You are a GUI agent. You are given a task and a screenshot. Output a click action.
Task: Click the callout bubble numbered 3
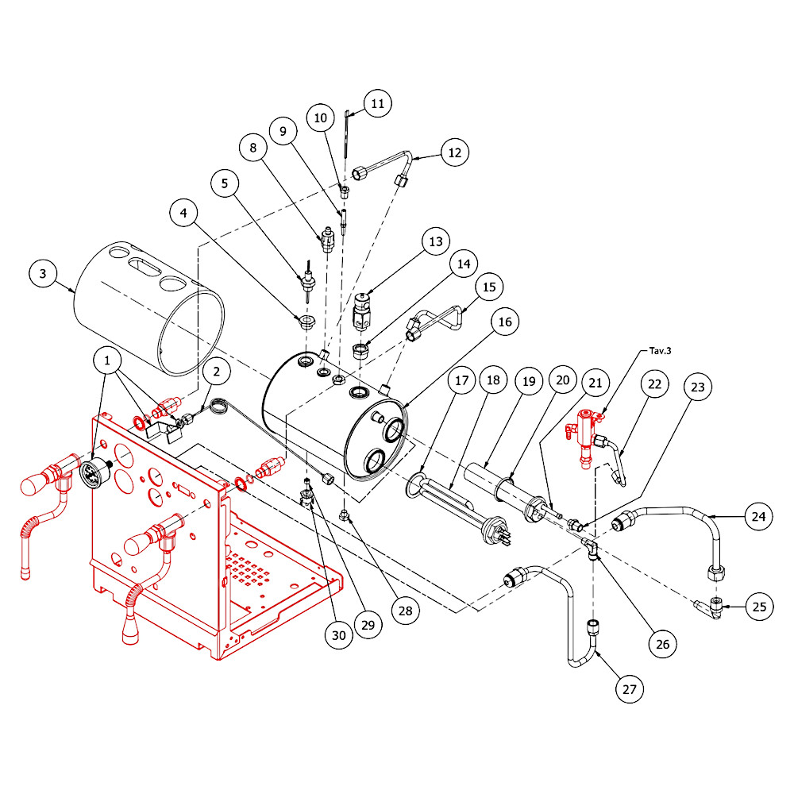[43, 274]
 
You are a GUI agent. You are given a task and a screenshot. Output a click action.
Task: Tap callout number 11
[378, 103]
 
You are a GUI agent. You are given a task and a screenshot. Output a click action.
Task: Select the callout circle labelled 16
[505, 322]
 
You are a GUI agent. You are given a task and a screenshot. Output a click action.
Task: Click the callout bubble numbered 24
[758, 517]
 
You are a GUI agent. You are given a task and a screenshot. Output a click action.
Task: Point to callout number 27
[630, 689]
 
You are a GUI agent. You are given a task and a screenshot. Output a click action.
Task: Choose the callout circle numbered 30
[339, 635]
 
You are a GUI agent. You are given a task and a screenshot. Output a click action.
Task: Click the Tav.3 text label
[660, 351]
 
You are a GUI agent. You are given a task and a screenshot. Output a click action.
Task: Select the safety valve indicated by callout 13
[361, 312]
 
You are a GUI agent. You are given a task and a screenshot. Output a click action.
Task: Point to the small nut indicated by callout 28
[345, 515]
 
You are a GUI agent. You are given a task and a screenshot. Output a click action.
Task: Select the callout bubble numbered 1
[107, 360]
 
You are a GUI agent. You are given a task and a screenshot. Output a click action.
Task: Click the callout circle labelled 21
[595, 383]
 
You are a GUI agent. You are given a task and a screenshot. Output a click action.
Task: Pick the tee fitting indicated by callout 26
[591, 549]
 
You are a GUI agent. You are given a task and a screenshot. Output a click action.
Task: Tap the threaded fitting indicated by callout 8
[326, 240]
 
